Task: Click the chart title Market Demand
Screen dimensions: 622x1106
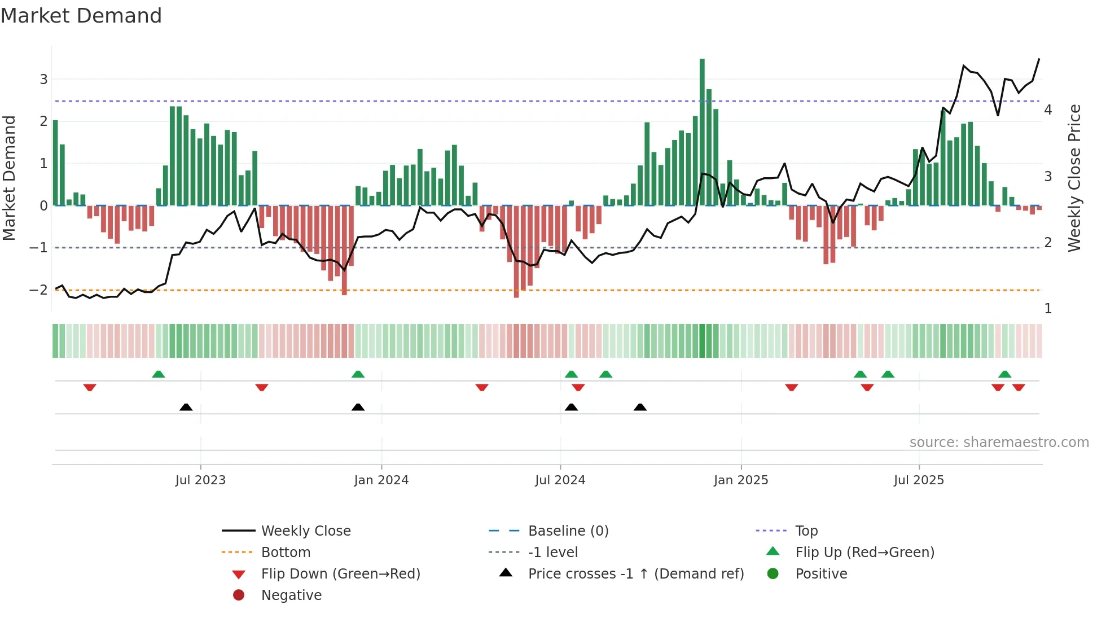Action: click(81, 16)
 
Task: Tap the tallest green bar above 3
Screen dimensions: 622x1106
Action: click(702, 131)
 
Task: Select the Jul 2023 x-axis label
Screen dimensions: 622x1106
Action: click(200, 480)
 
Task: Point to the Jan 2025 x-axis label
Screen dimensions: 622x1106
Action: click(740, 480)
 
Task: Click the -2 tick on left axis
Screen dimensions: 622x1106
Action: click(38, 290)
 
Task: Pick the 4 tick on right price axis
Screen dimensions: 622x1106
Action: click(1048, 110)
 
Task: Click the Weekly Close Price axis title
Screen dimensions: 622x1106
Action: click(1074, 178)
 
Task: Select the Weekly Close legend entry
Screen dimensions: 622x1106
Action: click(305, 531)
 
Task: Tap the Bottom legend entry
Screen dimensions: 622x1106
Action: click(286, 553)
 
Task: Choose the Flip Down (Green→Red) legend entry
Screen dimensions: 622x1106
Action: click(340, 574)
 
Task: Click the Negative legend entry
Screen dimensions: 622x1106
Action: click(291, 595)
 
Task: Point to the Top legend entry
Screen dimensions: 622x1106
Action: click(806, 531)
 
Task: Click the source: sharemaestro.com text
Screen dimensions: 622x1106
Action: click(999, 443)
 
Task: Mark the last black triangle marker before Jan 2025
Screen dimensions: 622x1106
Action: click(640, 408)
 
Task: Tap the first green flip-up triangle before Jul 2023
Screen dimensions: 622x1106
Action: click(159, 374)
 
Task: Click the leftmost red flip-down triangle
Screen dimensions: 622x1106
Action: click(90, 387)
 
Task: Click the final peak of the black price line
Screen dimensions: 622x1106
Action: click(1039, 59)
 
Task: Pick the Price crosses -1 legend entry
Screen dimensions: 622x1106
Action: click(636, 574)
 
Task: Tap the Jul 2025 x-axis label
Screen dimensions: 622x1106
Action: click(919, 480)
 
